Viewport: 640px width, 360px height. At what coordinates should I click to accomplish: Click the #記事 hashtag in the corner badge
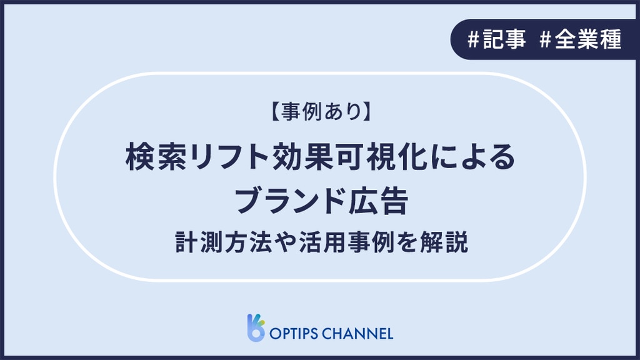(x=496, y=39)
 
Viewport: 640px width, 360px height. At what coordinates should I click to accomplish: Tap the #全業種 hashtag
(x=580, y=39)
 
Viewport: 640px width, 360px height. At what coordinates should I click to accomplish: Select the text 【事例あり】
(x=321, y=111)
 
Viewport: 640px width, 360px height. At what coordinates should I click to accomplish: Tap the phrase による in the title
(x=474, y=157)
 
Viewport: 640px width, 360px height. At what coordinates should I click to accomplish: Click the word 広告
(x=378, y=201)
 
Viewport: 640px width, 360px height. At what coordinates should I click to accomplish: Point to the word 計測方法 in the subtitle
(x=224, y=242)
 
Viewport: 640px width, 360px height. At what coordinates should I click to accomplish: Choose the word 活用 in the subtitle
(x=323, y=242)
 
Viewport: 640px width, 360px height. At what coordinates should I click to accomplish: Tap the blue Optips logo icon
(x=256, y=327)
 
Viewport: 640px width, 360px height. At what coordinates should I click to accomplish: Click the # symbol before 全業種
(x=545, y=39)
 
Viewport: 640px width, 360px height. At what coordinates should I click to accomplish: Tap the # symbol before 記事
(x=474, y=39)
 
